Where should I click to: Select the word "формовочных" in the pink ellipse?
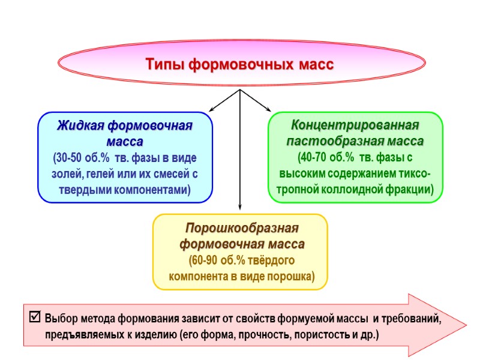point(240,64)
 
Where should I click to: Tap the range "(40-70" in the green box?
point(313,158)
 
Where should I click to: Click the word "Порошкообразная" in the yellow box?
point(241,229)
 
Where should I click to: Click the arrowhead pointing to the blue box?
point(212,109)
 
